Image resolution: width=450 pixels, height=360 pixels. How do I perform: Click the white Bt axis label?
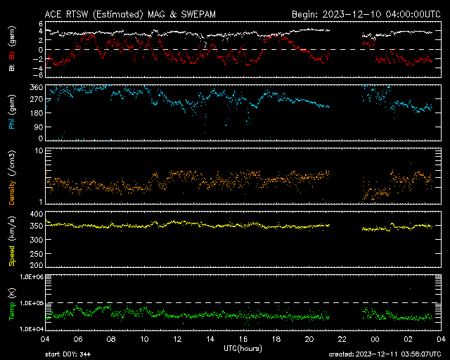click(x=12, y=67)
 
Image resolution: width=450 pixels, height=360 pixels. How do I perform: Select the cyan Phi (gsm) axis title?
click(x=12, y=112)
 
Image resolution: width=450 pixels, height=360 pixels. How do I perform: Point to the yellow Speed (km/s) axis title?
click(x=12, y=241)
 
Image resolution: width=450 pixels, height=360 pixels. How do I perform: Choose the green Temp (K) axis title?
click(x=12, y=304)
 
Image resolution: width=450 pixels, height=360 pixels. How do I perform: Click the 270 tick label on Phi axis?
click(x=37, y=100)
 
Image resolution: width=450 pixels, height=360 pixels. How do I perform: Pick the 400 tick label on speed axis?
click(x=37, y=214)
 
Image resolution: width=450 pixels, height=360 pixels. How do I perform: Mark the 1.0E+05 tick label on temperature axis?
click(x=32, y=303)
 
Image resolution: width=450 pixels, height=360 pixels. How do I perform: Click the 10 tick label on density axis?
click(x=39, y=151)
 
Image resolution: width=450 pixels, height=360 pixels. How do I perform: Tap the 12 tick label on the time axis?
click(x=177, y=339)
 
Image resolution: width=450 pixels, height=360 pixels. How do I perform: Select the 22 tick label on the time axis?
click(x=342, y=339)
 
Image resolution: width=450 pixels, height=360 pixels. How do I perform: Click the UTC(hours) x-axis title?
click(x=243, y=349)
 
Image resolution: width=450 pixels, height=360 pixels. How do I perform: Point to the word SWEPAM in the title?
click(x=198, y=14)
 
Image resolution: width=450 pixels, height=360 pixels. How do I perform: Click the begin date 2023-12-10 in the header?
click(x=352, y=14)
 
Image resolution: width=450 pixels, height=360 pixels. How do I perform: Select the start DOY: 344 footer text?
click(x=68, y=354)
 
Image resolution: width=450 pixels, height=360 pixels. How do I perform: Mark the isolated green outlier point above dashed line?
click(x=410, y=288)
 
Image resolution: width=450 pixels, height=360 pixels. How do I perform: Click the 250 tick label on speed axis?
click(x=37, y=254)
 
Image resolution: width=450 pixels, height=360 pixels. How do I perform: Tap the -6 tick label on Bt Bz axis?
click(x=39, y=75)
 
